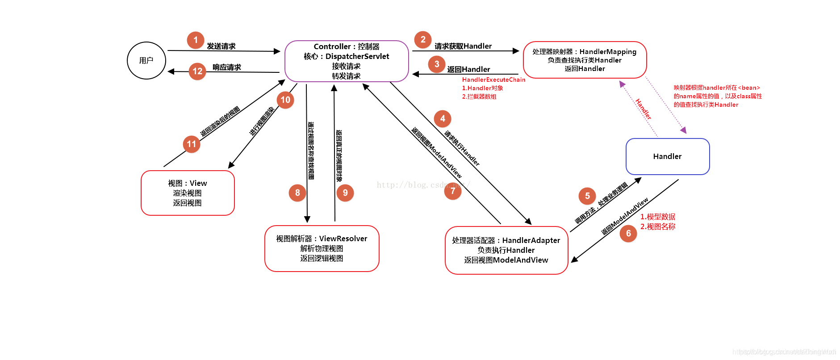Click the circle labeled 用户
tap(146, 61)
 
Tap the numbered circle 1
tap(196, 40)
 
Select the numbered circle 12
tap(197, 71)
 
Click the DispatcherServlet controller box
tap(347, 61)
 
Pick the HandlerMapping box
tap(585, 60)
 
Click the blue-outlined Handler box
tap(667, 156)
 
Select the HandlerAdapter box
tap(506, 250)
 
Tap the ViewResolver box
tap(322, 248)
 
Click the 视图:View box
tap(188, 193)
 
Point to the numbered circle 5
tap(587, 196)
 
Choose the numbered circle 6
tap(628, 233)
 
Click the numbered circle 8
tap(297, 193)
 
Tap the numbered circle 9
tap(345, 193)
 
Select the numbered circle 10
tap(285, 100)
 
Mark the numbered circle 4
tap(443, 119)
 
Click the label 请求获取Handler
tap(463, 46)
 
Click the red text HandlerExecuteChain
tap(493, 80)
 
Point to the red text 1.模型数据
tap(657, 217)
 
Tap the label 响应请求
tap(226, 67)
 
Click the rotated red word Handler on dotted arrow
tap(643, 109)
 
